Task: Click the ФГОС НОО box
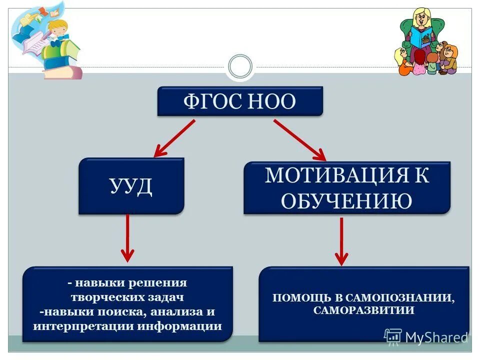pyautogui.click(x=240, y=101)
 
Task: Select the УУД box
pyautogui.click(x=131, y=186)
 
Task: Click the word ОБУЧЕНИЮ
pyautogui.click(x=346, y=201)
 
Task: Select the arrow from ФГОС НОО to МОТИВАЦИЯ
pyautogui.click(x=299, y=139)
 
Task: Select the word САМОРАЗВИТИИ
pyautogui.click(x=364, y=310)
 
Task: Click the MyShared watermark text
pyautogui.click(x=436, y=337)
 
